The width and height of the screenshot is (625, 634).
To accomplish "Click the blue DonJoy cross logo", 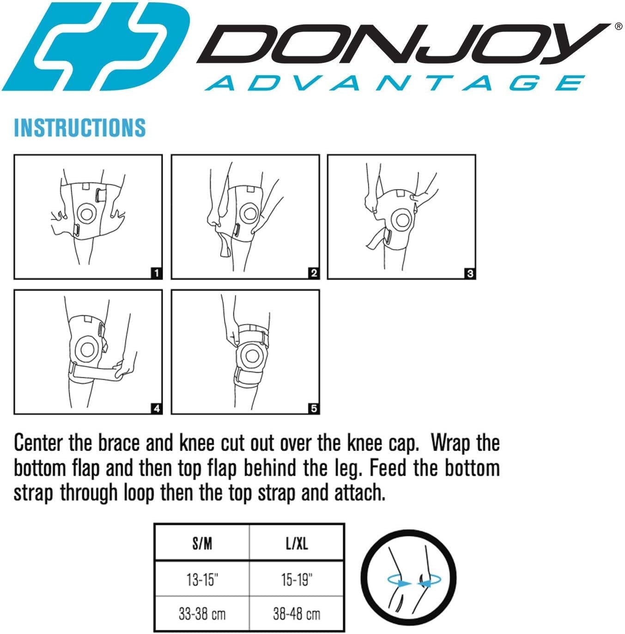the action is (96, 46).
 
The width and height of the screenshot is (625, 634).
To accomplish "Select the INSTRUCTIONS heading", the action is (80, 127).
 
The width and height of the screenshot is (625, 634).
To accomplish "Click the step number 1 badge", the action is (157, 273).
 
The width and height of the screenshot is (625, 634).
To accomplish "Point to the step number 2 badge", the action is (314, 273).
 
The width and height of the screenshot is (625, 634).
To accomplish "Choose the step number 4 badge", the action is (157, 409).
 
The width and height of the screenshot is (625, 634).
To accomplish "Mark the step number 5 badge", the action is (314, 409).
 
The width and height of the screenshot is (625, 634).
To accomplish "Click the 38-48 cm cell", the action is (297, 614).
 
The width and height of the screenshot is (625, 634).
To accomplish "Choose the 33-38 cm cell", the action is (202, 614).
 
